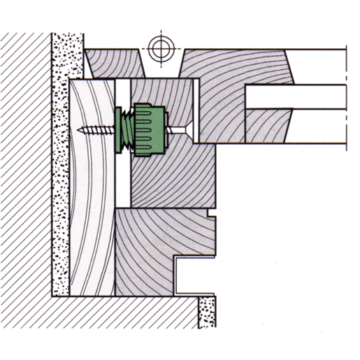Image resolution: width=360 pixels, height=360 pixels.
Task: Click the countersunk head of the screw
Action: (187, 129)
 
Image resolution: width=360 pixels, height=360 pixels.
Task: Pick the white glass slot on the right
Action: (297, 96)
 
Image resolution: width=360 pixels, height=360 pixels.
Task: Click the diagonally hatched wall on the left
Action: (24, 175)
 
